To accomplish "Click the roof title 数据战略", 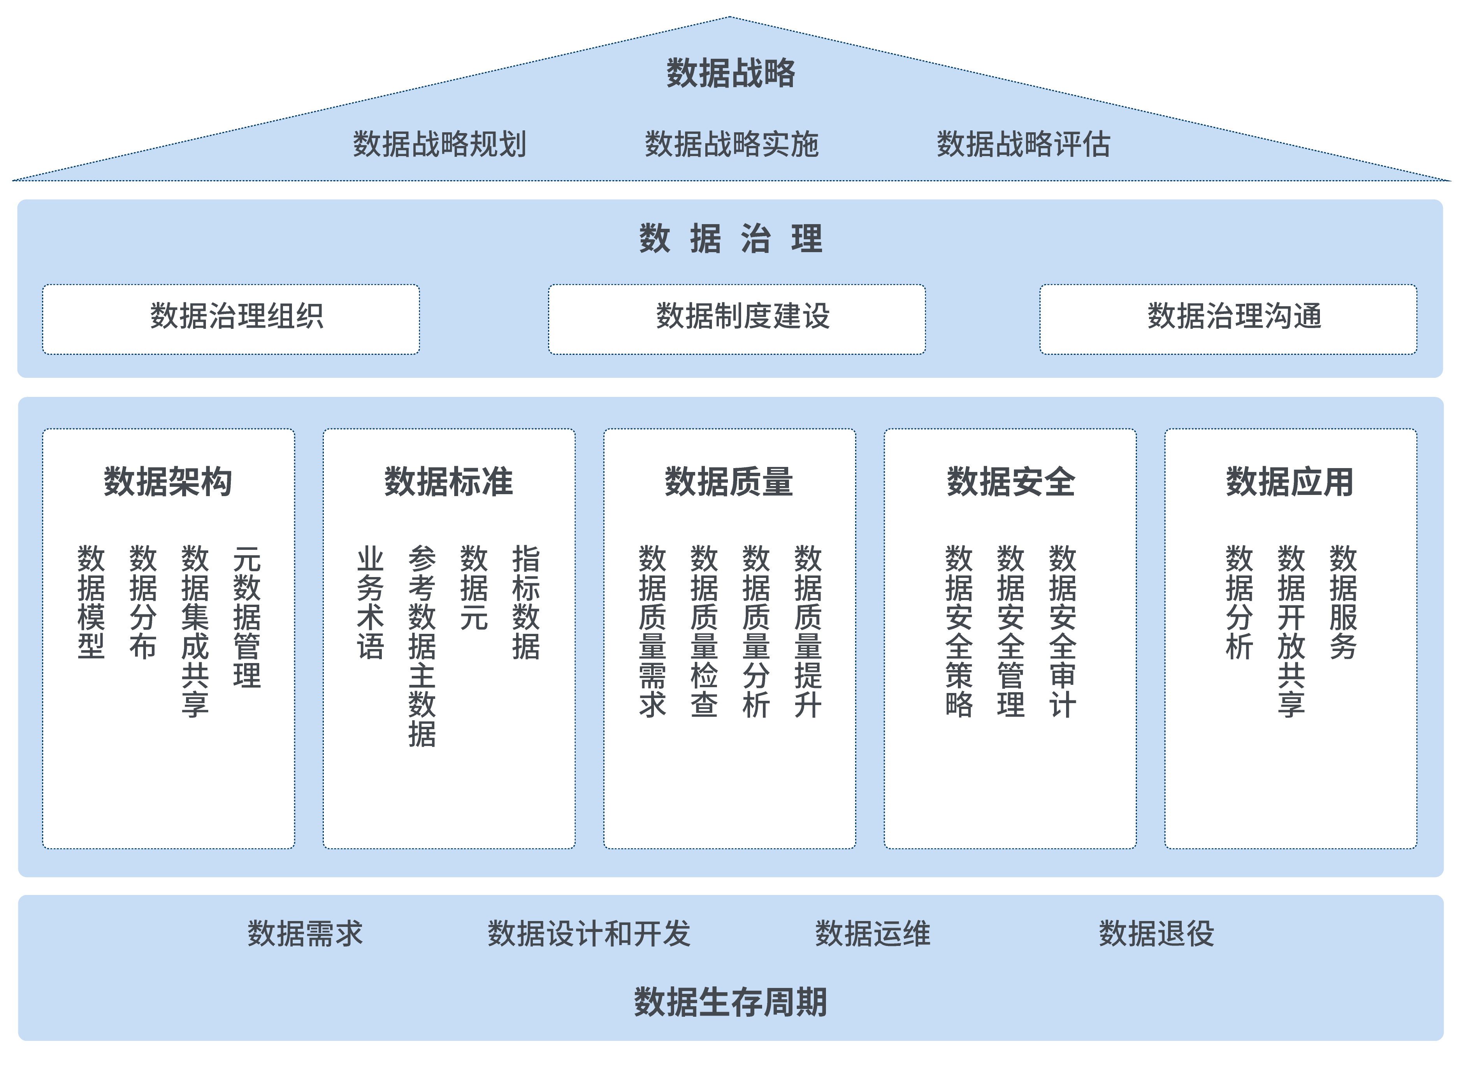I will [730, 73].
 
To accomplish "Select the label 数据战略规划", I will [439, 144].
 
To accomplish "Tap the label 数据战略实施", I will [731, 144].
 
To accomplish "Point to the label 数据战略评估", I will [1023, 144].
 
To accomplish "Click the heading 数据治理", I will [730, 239].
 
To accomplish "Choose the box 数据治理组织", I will [231, 319].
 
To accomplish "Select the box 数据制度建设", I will [737, 319].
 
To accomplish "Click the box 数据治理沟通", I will [1228, 319].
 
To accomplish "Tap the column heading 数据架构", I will [168, 481].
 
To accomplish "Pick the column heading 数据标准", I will [448, 481].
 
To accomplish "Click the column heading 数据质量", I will [729, 481].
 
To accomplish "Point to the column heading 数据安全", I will [1011, 481].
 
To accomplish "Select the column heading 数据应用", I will [1290, 481].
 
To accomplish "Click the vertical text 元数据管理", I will [247, 616].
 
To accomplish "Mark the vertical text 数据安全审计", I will [1063, 631].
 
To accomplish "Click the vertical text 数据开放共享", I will [1291, 631].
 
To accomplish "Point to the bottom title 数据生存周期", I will [730, 1002].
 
